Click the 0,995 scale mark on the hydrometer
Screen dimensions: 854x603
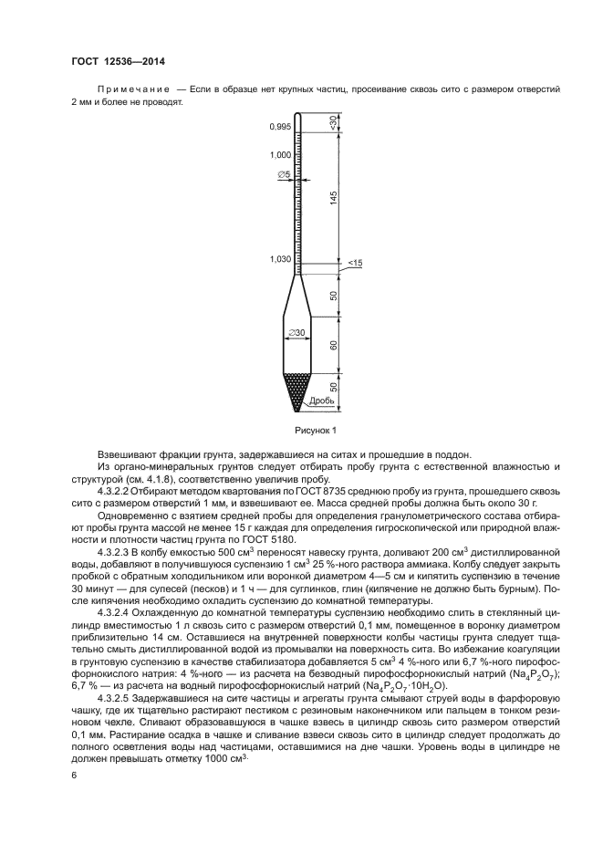pos(280,127)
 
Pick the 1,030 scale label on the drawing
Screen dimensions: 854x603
pos(280,259)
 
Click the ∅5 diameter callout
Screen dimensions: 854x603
pos(284,173)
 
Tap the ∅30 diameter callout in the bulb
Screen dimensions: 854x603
pos(296,334)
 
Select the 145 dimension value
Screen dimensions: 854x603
pos(335,198)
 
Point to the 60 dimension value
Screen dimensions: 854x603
pos(335,345)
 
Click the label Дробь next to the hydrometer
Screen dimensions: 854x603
pos(321,401)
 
